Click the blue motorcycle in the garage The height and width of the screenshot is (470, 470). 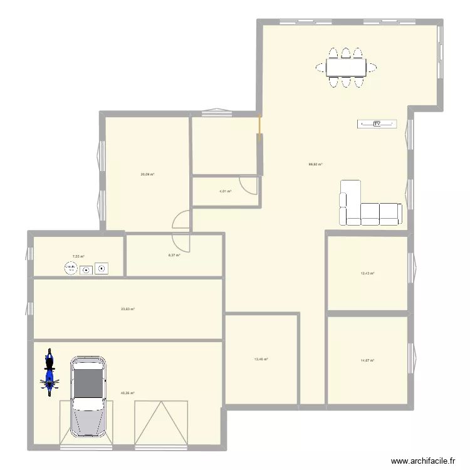click(49, 373)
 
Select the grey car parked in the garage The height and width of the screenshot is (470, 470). click(89, 396)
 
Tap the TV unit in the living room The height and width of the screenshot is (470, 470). click(377, 124)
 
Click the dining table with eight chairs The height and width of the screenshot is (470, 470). click(345, 66)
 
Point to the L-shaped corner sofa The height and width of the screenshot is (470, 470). click(363, 207)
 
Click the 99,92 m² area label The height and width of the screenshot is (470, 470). click(315, 165)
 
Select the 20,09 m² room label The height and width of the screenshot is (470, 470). click(147, 175)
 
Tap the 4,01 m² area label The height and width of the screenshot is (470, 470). click(225, 192)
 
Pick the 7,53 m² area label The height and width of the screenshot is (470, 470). click(78, 256)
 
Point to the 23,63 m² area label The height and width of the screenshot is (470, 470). click(128, 309)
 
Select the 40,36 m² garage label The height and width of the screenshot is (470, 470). click(128, 394)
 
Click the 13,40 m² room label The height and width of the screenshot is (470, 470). click(261, 360)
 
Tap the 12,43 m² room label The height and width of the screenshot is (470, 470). click(367, 273)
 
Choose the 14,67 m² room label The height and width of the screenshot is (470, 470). click(367, 360)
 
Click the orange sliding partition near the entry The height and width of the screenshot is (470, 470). click(259, 129)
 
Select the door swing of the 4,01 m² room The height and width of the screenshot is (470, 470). click(249, 185)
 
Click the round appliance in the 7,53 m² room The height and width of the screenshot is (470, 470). click(70, 269)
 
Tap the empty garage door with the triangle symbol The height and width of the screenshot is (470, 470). click(161, 424)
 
